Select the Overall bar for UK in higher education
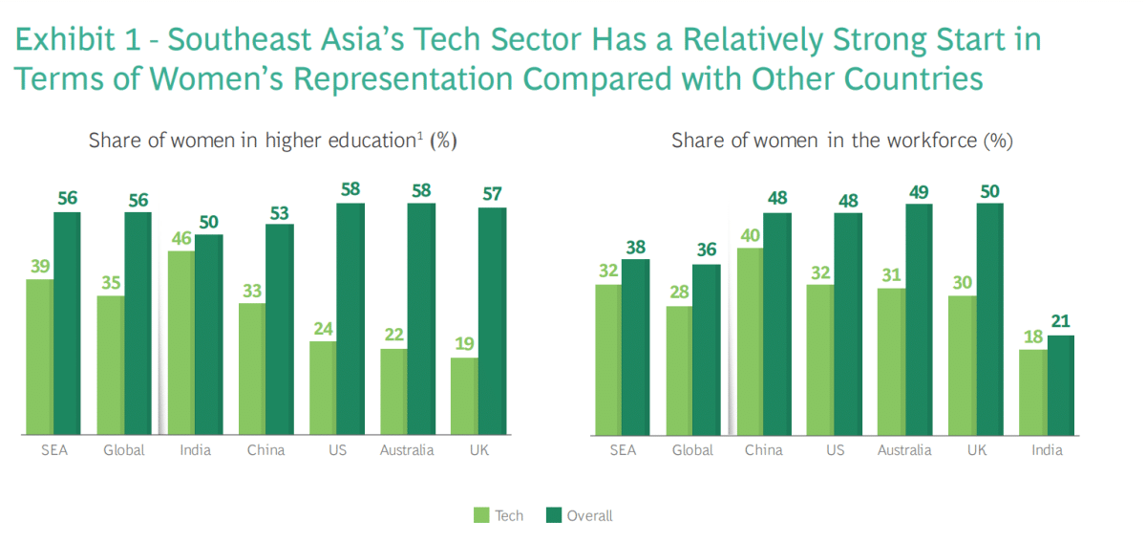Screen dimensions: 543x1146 492,321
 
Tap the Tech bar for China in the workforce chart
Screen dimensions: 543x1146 749,342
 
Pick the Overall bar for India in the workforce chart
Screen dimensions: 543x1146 1061,385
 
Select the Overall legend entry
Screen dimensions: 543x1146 579,515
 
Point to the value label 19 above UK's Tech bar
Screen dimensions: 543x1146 464,344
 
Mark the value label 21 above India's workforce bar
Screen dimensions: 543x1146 1061,321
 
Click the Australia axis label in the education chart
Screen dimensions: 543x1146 407,450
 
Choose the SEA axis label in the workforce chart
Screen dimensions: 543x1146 622,450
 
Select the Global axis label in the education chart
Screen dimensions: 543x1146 124,450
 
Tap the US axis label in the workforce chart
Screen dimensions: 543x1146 834,450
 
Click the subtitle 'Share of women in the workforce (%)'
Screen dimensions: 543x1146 841,141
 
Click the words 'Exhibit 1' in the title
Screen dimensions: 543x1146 75,40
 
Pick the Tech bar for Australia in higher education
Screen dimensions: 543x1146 393,392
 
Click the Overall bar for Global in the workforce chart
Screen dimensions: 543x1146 706,350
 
